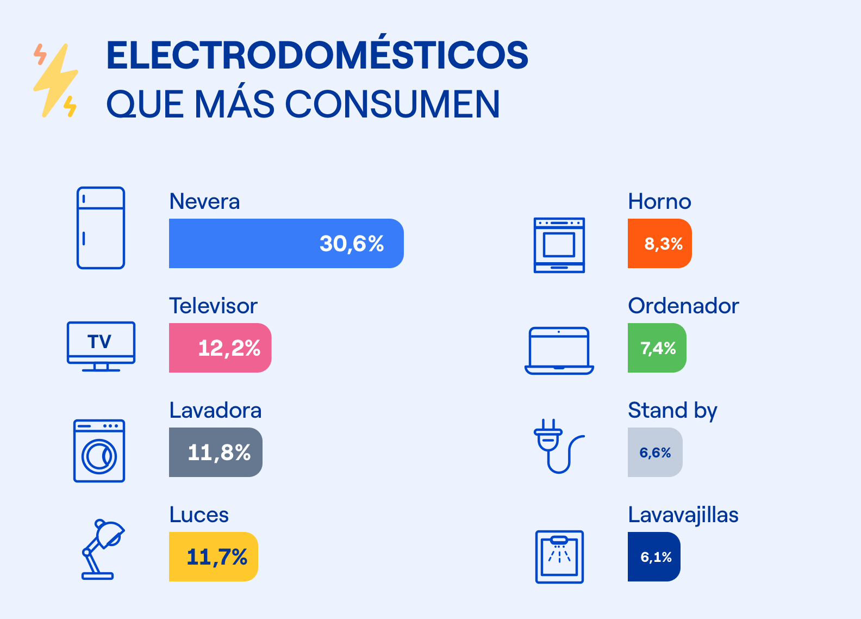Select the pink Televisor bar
220,348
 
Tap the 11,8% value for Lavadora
219,453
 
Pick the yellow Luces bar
213,556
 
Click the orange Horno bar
659,243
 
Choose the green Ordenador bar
657,348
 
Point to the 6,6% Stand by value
655,453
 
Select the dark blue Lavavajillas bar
654,556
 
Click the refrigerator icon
101,228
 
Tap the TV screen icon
101,346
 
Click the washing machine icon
99,450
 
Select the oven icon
559,245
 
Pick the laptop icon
559,350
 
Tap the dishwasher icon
559,556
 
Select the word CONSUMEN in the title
392,104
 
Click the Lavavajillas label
683,515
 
